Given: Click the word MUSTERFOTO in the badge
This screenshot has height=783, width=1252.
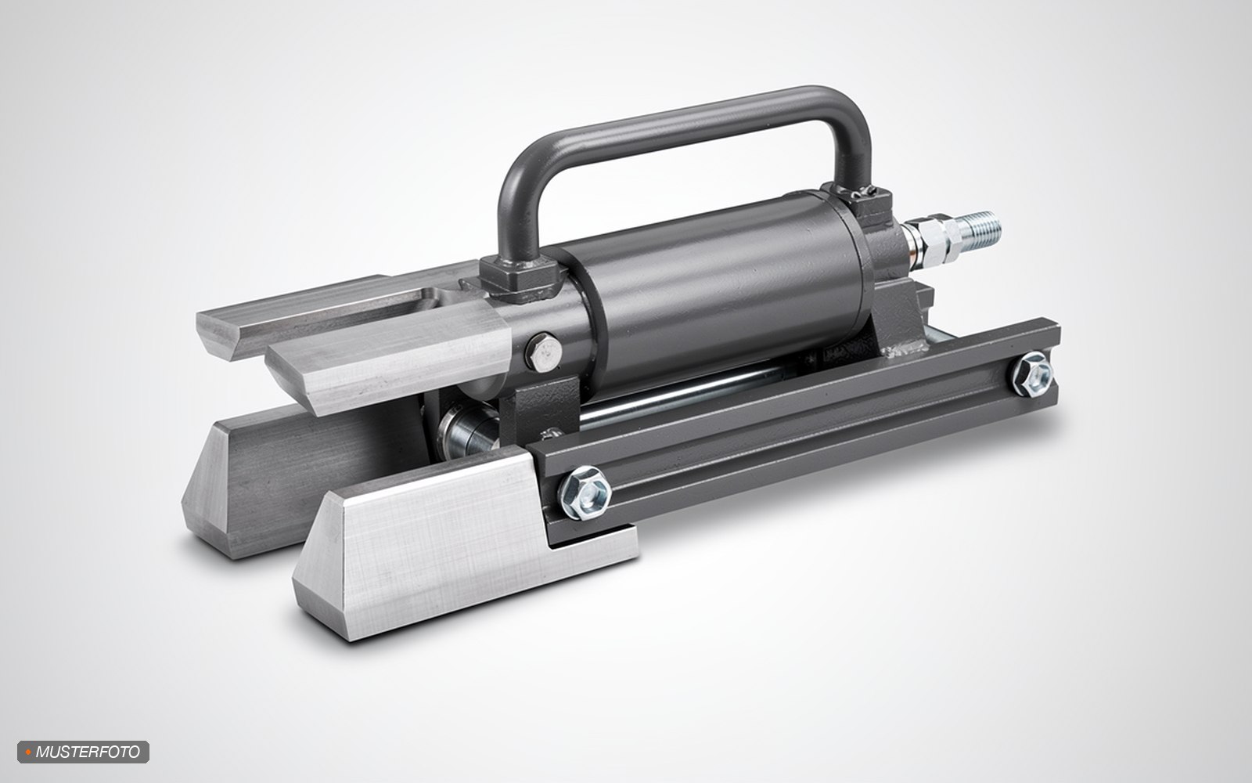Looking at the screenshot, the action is [x=88, y=752].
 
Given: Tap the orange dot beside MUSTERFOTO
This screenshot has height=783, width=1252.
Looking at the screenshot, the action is [x=28, y=752].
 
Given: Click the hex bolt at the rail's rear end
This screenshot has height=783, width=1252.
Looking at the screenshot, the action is [x=1033, y=375].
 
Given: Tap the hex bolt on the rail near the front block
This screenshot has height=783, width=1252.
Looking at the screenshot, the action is [x=585, y=493].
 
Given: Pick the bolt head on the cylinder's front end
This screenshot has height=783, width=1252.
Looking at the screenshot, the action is [x=543, y=352].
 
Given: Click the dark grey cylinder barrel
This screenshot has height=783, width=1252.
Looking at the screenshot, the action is [x=721, y=290].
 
